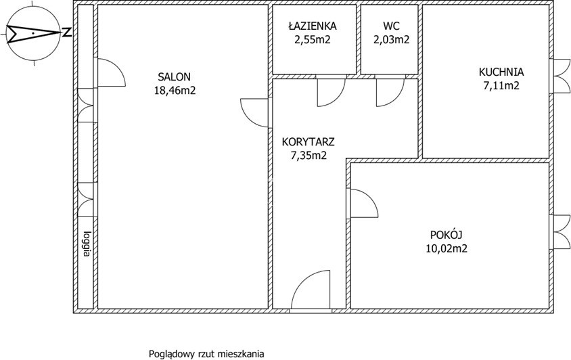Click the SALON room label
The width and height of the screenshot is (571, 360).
point(174,77)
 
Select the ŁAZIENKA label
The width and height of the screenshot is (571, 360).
point(313,26)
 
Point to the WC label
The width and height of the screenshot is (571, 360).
point(391,26)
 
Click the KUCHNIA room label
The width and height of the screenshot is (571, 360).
point(501,72)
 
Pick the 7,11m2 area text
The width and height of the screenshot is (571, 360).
point(501,86)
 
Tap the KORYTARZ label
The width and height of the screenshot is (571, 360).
point(308,141)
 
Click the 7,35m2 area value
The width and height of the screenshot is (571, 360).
point(309,156)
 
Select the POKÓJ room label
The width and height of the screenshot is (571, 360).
point(446,234)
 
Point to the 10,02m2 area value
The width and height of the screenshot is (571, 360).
point(447,248)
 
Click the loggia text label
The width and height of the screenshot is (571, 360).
point(87,244)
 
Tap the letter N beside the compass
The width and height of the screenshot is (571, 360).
point(66,32)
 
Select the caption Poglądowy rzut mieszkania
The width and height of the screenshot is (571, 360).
point(206,354)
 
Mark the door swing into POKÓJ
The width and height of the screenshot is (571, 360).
point(364,203)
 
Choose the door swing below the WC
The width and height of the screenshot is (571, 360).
point(390,93)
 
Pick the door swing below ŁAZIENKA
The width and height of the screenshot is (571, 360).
point(331,93)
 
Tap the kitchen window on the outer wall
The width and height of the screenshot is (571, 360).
point(561,76)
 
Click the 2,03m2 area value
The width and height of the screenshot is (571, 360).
point(391,39)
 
